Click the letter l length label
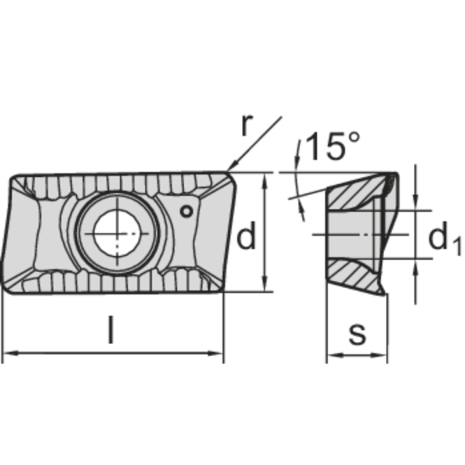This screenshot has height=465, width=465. tap(110, 330)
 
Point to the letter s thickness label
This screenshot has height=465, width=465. tap(357, 334)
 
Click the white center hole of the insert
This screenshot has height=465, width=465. tap(117, 234)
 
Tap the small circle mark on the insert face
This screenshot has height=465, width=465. tap(187, 212)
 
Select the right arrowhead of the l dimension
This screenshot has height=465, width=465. tap(215, 353)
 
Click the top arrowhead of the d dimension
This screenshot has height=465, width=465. tap(265, 181)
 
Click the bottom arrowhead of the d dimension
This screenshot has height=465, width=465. tap(265, 284)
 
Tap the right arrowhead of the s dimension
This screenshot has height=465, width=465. tap(379, 355)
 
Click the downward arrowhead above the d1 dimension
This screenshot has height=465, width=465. tap(416, 202)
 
